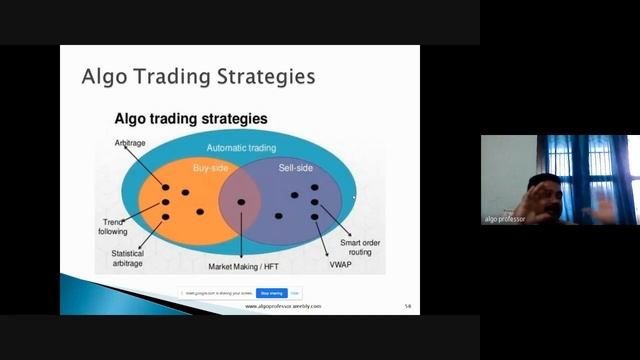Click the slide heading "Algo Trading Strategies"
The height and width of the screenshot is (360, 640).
197,77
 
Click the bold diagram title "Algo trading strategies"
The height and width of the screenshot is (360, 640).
191,119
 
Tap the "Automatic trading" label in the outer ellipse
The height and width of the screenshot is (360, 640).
241,148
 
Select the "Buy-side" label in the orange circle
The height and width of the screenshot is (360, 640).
210,168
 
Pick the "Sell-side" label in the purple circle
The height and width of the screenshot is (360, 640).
296,168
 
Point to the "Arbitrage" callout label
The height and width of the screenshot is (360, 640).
131,144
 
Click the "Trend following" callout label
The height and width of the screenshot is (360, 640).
113,226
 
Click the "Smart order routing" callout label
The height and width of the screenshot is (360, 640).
358,248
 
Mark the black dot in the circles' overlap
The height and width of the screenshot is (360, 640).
241,202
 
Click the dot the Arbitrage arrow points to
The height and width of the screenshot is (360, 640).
166,187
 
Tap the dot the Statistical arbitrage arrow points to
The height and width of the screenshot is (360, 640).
166,216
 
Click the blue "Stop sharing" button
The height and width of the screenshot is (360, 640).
271,293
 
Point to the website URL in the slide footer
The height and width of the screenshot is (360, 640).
283,307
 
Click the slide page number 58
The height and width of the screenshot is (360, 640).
407,306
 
